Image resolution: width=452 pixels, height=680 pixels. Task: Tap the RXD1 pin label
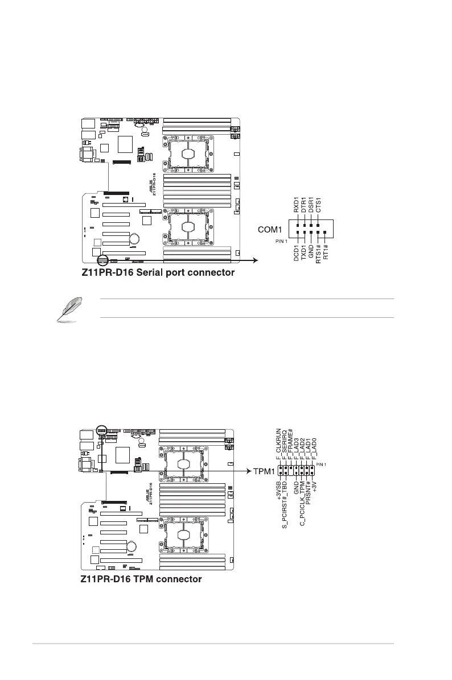297,204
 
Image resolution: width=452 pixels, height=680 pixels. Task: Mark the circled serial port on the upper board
102,260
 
